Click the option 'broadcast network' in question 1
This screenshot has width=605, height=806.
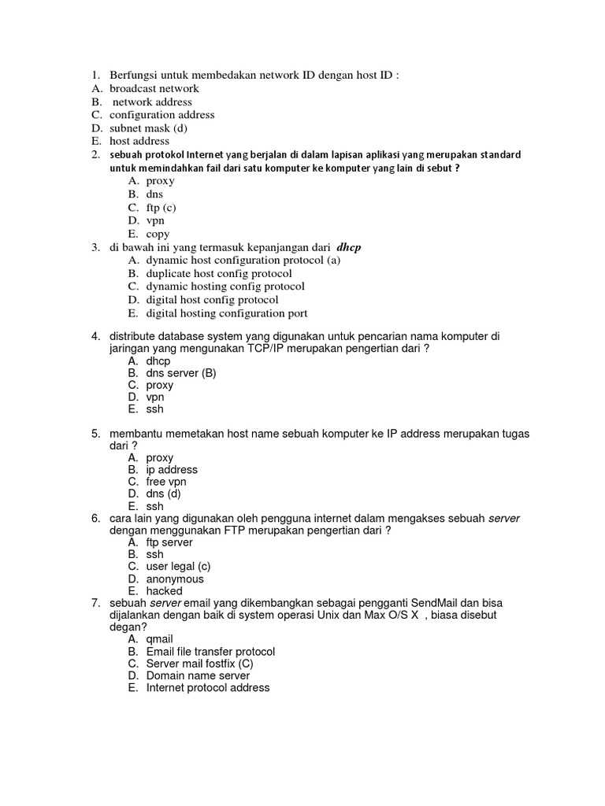[154, 89]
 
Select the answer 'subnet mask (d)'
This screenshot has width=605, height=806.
[148, 128]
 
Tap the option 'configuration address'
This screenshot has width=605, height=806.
[161, 115]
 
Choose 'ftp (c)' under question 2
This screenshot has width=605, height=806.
[161, 207]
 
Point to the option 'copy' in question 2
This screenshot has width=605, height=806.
[158, 234]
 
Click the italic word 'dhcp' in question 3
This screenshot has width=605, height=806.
[348, 247]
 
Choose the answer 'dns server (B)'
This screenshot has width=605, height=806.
[181, 373]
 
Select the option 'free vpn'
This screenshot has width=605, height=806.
[166, 482]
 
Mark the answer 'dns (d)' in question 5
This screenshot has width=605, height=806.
[164, 494]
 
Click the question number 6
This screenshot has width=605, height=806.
[95, 518]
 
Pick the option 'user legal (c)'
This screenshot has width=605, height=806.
[178, 567]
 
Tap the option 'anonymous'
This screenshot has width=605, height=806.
[175, 579]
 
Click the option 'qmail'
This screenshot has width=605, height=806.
[159, 639]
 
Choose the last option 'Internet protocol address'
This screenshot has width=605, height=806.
[208, 687]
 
